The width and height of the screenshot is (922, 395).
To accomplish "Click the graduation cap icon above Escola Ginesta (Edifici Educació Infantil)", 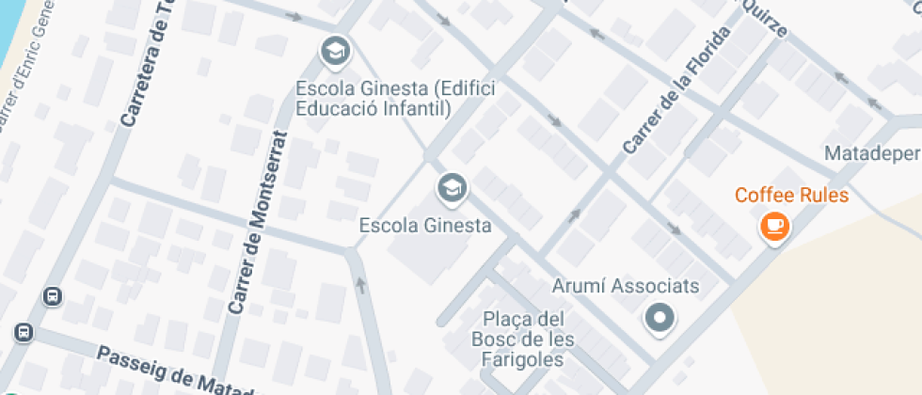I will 334,53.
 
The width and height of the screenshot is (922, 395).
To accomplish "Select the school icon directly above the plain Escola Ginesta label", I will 452,189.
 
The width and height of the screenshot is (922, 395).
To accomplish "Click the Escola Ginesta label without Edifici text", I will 426,226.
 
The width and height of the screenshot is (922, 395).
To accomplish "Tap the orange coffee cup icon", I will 774,226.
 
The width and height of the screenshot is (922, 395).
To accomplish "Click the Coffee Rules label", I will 791,196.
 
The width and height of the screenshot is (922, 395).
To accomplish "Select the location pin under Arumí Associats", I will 660,318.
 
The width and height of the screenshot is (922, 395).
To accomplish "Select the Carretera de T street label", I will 151,62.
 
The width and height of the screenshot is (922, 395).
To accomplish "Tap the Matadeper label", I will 871,152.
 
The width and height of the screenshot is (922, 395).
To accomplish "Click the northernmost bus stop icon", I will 53,297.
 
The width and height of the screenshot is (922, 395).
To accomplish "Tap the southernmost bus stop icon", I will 23,333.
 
